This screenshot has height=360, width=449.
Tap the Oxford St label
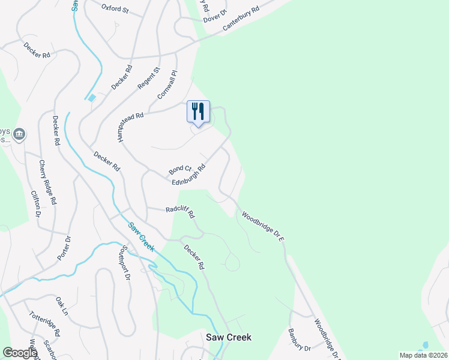click(115, 9)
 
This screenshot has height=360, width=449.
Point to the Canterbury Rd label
click(240, 20)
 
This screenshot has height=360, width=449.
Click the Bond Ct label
click(179, 170)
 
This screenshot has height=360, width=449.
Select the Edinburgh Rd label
click(188, 175)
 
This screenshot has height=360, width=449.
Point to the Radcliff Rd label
click(180, 211)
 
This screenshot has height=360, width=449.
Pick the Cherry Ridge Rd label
click(48, 182)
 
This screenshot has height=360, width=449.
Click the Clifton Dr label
click(35, 203)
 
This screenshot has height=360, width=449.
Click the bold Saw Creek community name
click(229, 337)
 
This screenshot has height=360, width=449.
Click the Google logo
click(20, 353)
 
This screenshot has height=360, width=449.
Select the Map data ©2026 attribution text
click(424, 355)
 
